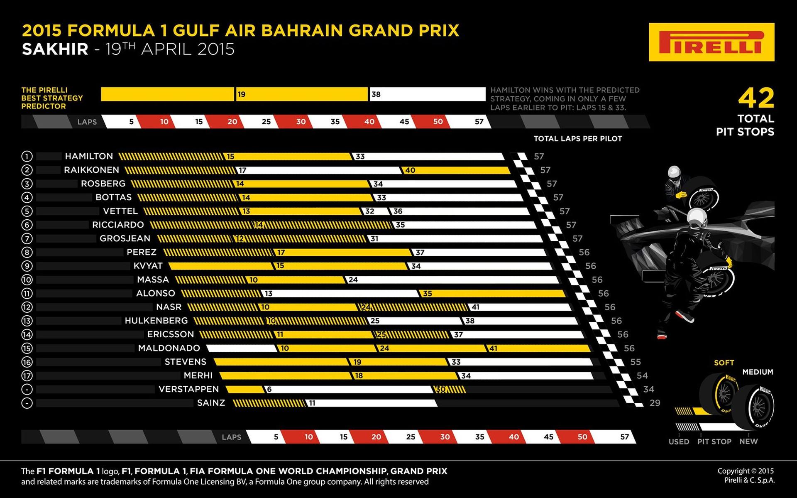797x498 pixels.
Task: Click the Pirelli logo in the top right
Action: [711, 42]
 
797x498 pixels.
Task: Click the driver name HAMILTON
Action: [89, 156]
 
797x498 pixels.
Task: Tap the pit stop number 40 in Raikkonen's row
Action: [410, 170]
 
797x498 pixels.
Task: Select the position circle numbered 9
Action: [27, 266]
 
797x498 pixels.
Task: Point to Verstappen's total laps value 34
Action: [648, 389]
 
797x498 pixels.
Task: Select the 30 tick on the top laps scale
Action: [301, 122]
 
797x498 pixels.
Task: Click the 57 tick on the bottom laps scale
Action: [624, 437]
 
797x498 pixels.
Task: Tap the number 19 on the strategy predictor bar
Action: [241, 94]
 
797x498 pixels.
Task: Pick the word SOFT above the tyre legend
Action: [724, 363]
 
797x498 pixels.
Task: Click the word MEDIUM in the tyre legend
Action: [758, 372]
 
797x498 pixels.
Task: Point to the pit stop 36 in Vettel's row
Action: [398, 211]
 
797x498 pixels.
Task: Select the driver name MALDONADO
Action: [169, 348]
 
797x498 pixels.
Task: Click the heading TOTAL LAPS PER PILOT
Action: [577, 139]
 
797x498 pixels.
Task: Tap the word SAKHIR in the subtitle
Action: [55, 49]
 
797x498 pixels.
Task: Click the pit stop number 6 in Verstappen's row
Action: [269, 390]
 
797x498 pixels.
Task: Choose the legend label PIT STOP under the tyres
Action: [714, 442]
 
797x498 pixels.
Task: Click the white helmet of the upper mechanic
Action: [674, 171]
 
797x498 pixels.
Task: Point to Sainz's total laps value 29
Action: [655, 403]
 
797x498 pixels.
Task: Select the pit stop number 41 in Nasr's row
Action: [475, 307]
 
